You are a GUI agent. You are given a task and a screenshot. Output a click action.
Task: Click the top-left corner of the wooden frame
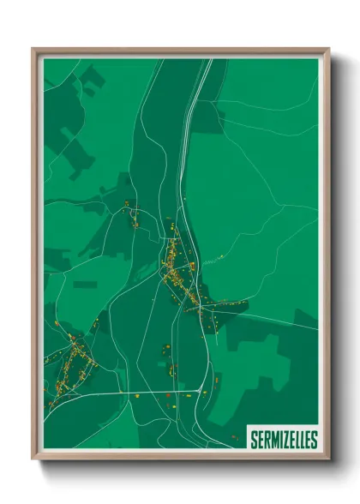click(x=33, y=50)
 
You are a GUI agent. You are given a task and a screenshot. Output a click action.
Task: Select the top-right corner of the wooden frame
click(x=328, y=50)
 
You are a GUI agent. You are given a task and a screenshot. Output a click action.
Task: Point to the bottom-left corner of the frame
click(x=33, y=459)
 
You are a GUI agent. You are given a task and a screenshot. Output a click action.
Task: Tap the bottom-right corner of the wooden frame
click(x=328, y=459)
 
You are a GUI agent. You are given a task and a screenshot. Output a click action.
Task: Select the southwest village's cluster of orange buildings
click(x=72, y=369)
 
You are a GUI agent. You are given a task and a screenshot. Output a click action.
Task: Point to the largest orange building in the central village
click(x=194, y=267)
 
